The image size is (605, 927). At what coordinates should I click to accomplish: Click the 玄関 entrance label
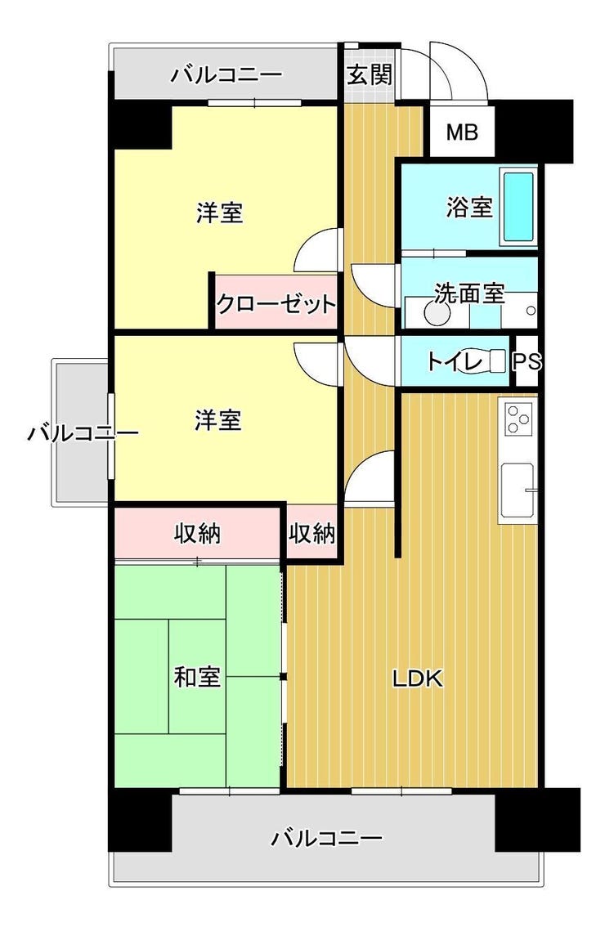tap(369, 74)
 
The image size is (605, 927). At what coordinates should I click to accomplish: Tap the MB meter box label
tap(462, 132)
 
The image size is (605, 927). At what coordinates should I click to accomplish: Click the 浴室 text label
tap(469, 207)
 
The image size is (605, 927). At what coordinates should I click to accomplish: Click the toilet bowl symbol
tap(488, 360)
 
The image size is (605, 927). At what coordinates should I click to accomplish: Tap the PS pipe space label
tap(527, 361)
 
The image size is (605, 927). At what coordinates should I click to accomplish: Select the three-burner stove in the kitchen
tap(518, 419)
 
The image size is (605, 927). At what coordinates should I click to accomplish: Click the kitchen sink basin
tap(518, 490)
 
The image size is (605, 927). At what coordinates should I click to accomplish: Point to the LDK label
tap(418, 678)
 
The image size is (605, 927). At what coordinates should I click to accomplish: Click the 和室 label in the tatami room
tap(197, 677)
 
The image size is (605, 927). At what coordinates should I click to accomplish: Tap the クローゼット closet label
tap(276, 304)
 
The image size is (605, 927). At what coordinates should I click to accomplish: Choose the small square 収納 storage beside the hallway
tap(312, 533)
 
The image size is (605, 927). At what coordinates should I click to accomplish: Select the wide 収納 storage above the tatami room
tap(197, 533)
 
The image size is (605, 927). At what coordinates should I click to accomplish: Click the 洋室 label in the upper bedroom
tap(219, 213)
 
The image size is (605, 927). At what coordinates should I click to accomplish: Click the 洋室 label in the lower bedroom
tap(218, 419)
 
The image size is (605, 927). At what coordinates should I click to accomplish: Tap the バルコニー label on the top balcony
tap(226, 75)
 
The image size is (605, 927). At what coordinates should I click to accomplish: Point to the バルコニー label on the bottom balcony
tap(326, 838)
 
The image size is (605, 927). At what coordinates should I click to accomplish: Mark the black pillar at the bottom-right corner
tap(537, 819)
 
